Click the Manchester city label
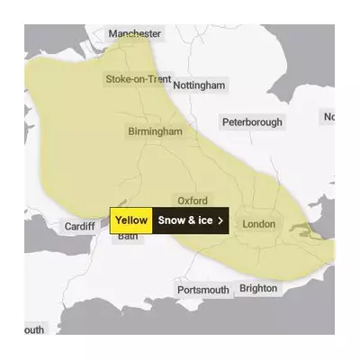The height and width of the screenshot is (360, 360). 134,33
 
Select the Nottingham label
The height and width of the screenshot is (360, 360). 198,85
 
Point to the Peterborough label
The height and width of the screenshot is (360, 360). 252,121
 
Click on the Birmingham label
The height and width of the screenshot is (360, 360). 154,131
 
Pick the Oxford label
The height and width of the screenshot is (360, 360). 192,201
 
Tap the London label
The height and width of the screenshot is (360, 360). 258,223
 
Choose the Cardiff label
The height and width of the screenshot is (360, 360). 80,227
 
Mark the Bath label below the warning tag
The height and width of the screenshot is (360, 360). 127,237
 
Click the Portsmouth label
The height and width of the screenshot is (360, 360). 202,290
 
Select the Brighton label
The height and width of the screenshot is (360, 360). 258,288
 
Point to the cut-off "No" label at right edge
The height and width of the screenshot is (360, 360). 328,117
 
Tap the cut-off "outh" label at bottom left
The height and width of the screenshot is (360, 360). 33,330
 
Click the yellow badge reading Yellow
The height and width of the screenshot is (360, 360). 131,220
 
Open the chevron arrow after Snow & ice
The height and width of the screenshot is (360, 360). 220,220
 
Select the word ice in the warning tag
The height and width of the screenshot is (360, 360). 204,220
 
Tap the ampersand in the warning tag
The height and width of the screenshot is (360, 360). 191,220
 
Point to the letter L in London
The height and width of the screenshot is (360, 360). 246,223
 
